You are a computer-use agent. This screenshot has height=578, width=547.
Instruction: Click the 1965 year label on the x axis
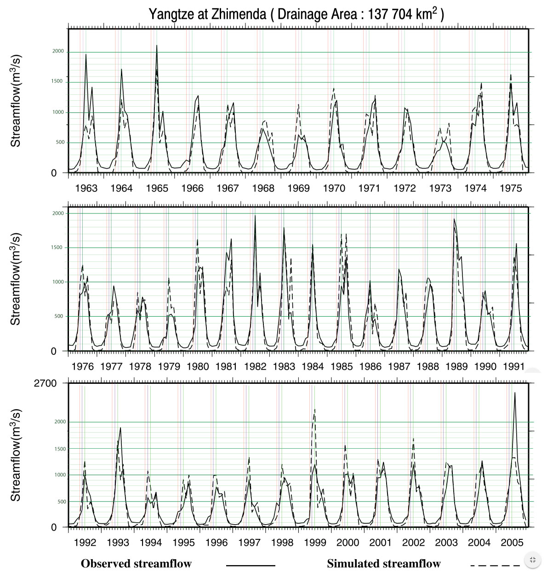click(x=157, y=188)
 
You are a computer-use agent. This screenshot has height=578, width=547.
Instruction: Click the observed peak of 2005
click(x=515, y=393)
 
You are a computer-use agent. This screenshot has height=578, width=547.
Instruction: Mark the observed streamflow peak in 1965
click(x=157, y=45)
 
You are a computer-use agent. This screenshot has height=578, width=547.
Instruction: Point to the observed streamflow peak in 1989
click(x=454, y=219)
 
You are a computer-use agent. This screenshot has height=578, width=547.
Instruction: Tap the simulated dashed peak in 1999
click(x=315, y=409)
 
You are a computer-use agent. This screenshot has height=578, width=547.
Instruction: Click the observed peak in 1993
click(x=120, y=428)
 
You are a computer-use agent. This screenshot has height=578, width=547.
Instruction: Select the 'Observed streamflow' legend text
click(x=136, y=564)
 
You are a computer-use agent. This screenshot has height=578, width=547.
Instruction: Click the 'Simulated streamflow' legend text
click(x=384, y=564)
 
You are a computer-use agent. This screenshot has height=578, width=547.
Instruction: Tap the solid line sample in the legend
click(x=251, y=565)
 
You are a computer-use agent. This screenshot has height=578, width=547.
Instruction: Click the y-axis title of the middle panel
click(x=16, y=279)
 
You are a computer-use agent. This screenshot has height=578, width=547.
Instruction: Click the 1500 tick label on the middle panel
click(x=57, y=248)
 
